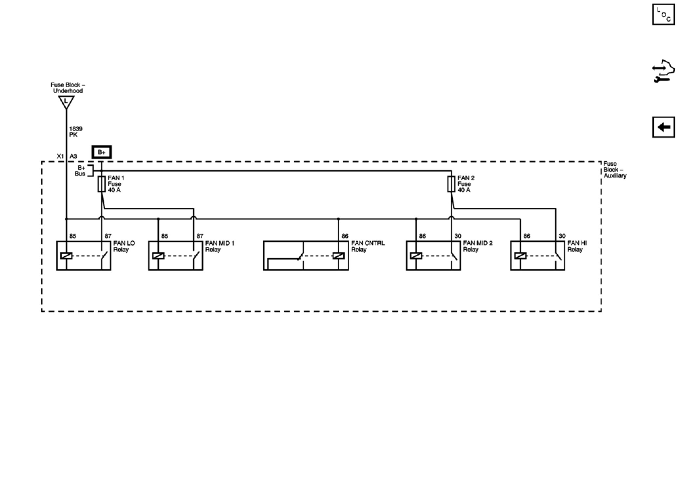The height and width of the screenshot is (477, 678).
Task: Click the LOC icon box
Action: (663, 15)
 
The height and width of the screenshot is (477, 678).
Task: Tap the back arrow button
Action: (663, 127)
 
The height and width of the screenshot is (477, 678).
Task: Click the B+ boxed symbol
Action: (102, 152)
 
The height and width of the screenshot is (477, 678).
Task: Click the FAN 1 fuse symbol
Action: (102, 184)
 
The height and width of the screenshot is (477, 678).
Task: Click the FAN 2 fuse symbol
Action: (451, 184)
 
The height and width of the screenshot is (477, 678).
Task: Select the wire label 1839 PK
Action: (75, 132)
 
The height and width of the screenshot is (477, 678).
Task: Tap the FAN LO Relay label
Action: (124, 246)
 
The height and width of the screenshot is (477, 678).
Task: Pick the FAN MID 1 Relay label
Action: (220, 246)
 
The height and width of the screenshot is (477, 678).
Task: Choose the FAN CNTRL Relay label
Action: (368, 246)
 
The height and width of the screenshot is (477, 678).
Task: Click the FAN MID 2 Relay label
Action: (477, 246)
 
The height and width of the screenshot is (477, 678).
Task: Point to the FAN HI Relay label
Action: (577, 246)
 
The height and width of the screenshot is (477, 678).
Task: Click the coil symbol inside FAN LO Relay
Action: (66, 256)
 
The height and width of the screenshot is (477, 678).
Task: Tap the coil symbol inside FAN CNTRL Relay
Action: (338, 256)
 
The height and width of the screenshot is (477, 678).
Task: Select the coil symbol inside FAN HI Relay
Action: (520, 256)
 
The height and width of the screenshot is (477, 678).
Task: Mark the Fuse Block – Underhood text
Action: (68, 88)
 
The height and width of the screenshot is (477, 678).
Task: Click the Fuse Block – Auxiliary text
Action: (614, 170)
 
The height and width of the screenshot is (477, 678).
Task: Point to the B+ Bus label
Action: (80, 171)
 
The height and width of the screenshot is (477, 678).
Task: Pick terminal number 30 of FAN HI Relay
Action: (562, 236)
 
